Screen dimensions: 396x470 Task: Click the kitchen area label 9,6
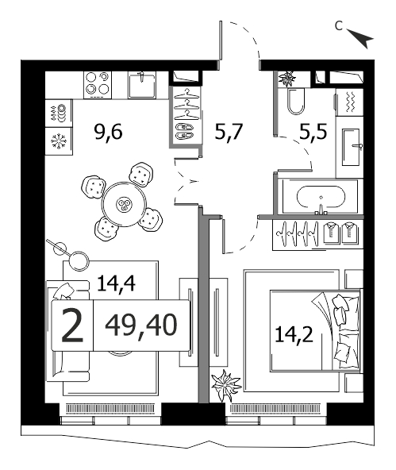coord(108,132)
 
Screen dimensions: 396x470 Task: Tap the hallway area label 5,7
coord(229,132)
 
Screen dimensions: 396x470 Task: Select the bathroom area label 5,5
coord(313,132)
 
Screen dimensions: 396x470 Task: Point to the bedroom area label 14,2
coord(294,334)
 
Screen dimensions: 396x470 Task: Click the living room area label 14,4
coord(116,283)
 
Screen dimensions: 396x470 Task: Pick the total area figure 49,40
coord(141,326)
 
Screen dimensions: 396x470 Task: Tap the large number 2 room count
coord(72,326)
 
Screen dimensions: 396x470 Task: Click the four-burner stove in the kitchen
coord(98,85)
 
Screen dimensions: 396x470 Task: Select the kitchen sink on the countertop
coord(142,85)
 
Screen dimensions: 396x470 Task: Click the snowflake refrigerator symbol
coord(59,141)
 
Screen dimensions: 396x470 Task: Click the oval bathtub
coord(321,197)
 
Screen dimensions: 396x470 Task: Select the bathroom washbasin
coord(352,147)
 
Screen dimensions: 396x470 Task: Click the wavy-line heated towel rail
coord(350,102)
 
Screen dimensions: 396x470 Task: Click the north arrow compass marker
coord(361,39)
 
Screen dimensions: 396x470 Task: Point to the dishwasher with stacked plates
coord(59,113)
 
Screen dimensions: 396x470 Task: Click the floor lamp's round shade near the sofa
coord(79,260)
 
